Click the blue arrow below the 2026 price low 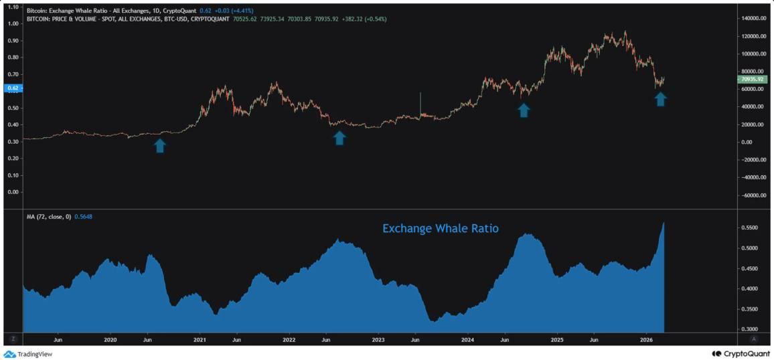click(660, 99)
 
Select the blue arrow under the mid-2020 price click(160, 145)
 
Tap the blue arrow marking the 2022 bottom click(339, 138)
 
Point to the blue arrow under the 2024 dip click(524, 110)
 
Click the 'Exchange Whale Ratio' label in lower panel click(440, 228)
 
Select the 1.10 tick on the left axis click(11, 7)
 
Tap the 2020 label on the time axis click(110, 340)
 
